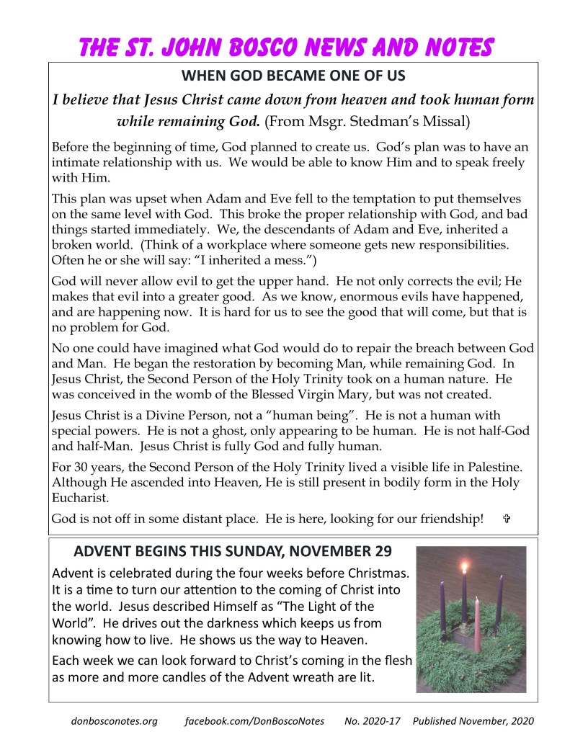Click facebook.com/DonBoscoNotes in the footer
coord(254,720)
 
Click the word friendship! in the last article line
coord(450,519)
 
